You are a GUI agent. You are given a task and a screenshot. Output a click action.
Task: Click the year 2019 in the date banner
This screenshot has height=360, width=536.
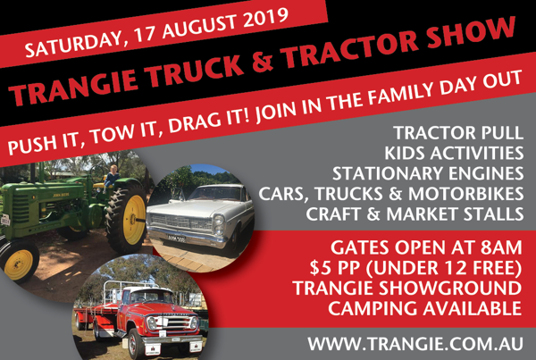click(x=265, y=20)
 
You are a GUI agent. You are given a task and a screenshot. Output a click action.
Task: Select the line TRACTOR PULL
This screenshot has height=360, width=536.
click(x=459, y=132)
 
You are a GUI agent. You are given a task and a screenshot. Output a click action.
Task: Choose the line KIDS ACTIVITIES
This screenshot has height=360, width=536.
click(x=454, y=153)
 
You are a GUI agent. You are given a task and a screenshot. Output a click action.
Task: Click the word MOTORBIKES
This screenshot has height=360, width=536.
click(x=465, y=194)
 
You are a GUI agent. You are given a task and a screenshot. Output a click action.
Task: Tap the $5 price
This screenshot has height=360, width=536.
click(x=319, y=268)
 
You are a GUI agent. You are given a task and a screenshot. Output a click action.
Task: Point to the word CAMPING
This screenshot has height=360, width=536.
click(x=373, y=308)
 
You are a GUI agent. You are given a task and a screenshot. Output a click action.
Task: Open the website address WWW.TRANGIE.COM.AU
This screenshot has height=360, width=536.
click(x=415, y=344)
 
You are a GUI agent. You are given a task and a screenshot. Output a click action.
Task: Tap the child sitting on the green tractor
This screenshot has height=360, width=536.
click(x=112, y=176)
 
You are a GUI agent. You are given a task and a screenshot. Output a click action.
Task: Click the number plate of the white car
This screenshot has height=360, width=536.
click(x=176, y=238)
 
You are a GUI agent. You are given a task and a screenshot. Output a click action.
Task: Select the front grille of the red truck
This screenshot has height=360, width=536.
click(x=173, y=323)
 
